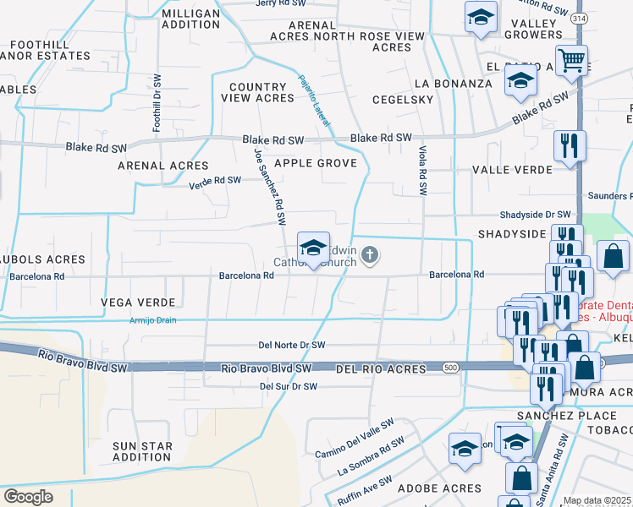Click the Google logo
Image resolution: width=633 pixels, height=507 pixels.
(x=28, y=497)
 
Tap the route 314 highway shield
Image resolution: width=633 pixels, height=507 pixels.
(x=578, y=18)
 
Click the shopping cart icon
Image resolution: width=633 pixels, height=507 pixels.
(x=572, y=60)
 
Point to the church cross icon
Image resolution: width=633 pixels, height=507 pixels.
(x=370, y=254)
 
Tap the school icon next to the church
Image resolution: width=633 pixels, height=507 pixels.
(x=313, y=248)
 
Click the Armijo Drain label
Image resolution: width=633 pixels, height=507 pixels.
(x=152, y=320)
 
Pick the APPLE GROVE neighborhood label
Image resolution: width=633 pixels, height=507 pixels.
(x=315, y=162)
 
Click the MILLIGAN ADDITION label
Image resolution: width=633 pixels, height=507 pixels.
(x=190, y=21)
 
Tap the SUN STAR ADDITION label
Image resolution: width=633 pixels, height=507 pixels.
(x=143, y=451)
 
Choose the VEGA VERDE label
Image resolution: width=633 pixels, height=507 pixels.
(x=138, y=302)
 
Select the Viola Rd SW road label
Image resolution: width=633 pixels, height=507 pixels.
(x=421, y=171)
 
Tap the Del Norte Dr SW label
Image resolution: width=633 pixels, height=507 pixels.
(x=292, y=345)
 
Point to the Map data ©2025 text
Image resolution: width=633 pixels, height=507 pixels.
(x=597, y=500)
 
